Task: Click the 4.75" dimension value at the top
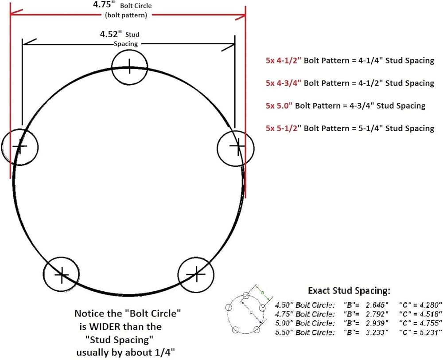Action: (x=104, y=5)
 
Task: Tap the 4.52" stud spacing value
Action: (x=111, y=34)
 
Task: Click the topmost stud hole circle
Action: (x=129, y=67)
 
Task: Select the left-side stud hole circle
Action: (x=20, y=147)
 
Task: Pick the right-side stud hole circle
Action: (x=236, y=148)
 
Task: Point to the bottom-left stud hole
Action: (x=61, y=274)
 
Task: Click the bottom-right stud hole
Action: (x=196, y=274)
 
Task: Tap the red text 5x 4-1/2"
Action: (x=284, y=60)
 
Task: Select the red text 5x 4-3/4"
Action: (x=284, y=83)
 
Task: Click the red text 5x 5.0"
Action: (x=279, y=106)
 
